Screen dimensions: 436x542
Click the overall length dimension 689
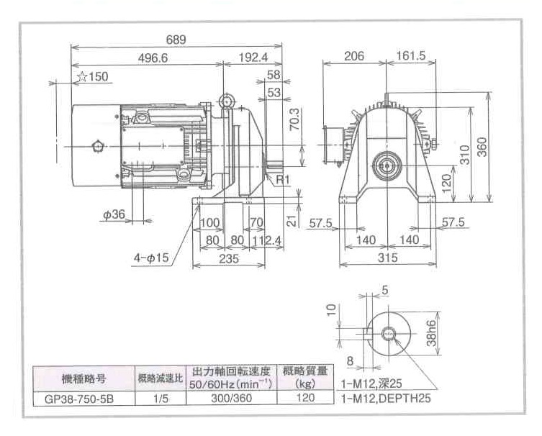[176, 40]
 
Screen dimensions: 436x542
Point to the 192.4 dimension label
[254, 58]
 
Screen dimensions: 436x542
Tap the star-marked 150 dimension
[92, 76]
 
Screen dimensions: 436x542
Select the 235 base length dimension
[229, 260]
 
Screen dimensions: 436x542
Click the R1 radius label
[283, 178]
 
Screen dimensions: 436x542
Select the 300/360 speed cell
[231, 396]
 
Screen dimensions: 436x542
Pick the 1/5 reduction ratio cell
[160, 396]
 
